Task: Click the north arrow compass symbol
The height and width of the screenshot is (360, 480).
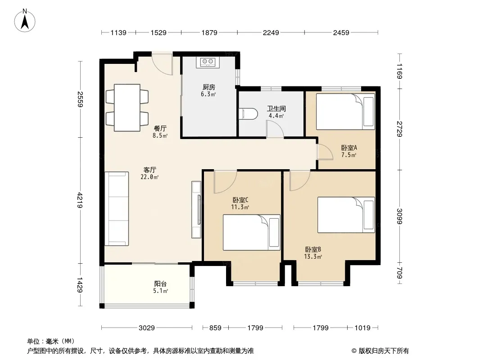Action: [25, 21]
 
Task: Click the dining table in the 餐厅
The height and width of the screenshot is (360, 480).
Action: [127, 108]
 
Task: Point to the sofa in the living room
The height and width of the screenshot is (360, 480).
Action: [117, 209]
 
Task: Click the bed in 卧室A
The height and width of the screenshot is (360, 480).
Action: [345, 112]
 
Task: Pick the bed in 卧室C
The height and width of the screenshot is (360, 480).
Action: [251, 233]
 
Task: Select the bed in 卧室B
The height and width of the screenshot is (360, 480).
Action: [346, 215]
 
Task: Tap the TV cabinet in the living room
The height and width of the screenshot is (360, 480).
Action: [196, 210]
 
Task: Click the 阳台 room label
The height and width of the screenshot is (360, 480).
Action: [160, 284]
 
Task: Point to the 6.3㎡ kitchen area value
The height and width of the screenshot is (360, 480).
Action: [208, 94]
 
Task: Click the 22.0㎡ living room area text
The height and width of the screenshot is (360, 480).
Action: [149, 177]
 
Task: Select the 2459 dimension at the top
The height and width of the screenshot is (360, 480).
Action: [341, 32]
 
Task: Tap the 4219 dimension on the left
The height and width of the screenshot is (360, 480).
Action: [80, 200]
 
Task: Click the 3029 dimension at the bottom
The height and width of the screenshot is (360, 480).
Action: [147, 328]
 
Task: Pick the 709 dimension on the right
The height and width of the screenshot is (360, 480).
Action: [399, 273]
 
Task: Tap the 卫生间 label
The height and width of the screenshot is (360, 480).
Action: [276, 108]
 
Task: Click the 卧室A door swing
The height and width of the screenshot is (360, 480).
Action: [325, 152]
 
